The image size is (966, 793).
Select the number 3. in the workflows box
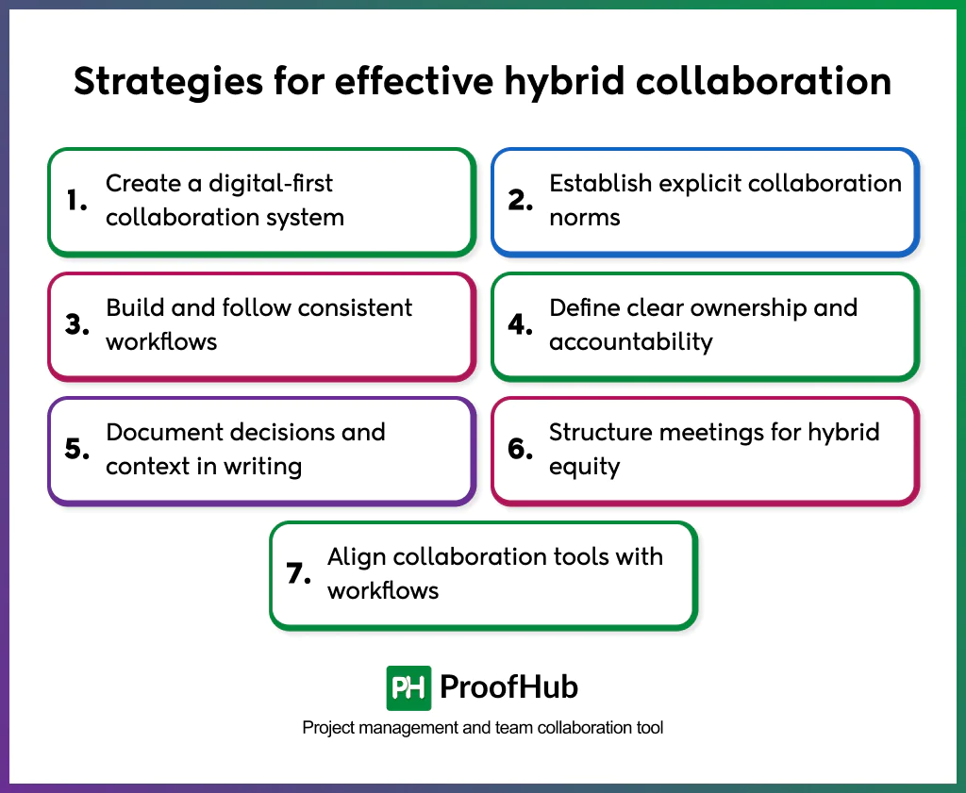(x=77, y=324)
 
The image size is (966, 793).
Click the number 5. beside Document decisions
(x=77, y=449)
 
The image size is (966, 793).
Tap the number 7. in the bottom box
(x=299, y=573)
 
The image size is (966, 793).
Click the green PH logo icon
(x=408, y=687)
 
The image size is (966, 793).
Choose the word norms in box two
(x=585, y=218)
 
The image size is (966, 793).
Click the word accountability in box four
(x=630, y=342)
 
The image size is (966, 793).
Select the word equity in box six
(x=584, y=467)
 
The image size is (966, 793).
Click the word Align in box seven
(x=357, y=557)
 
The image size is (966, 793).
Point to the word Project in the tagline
(x=326, y=728)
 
